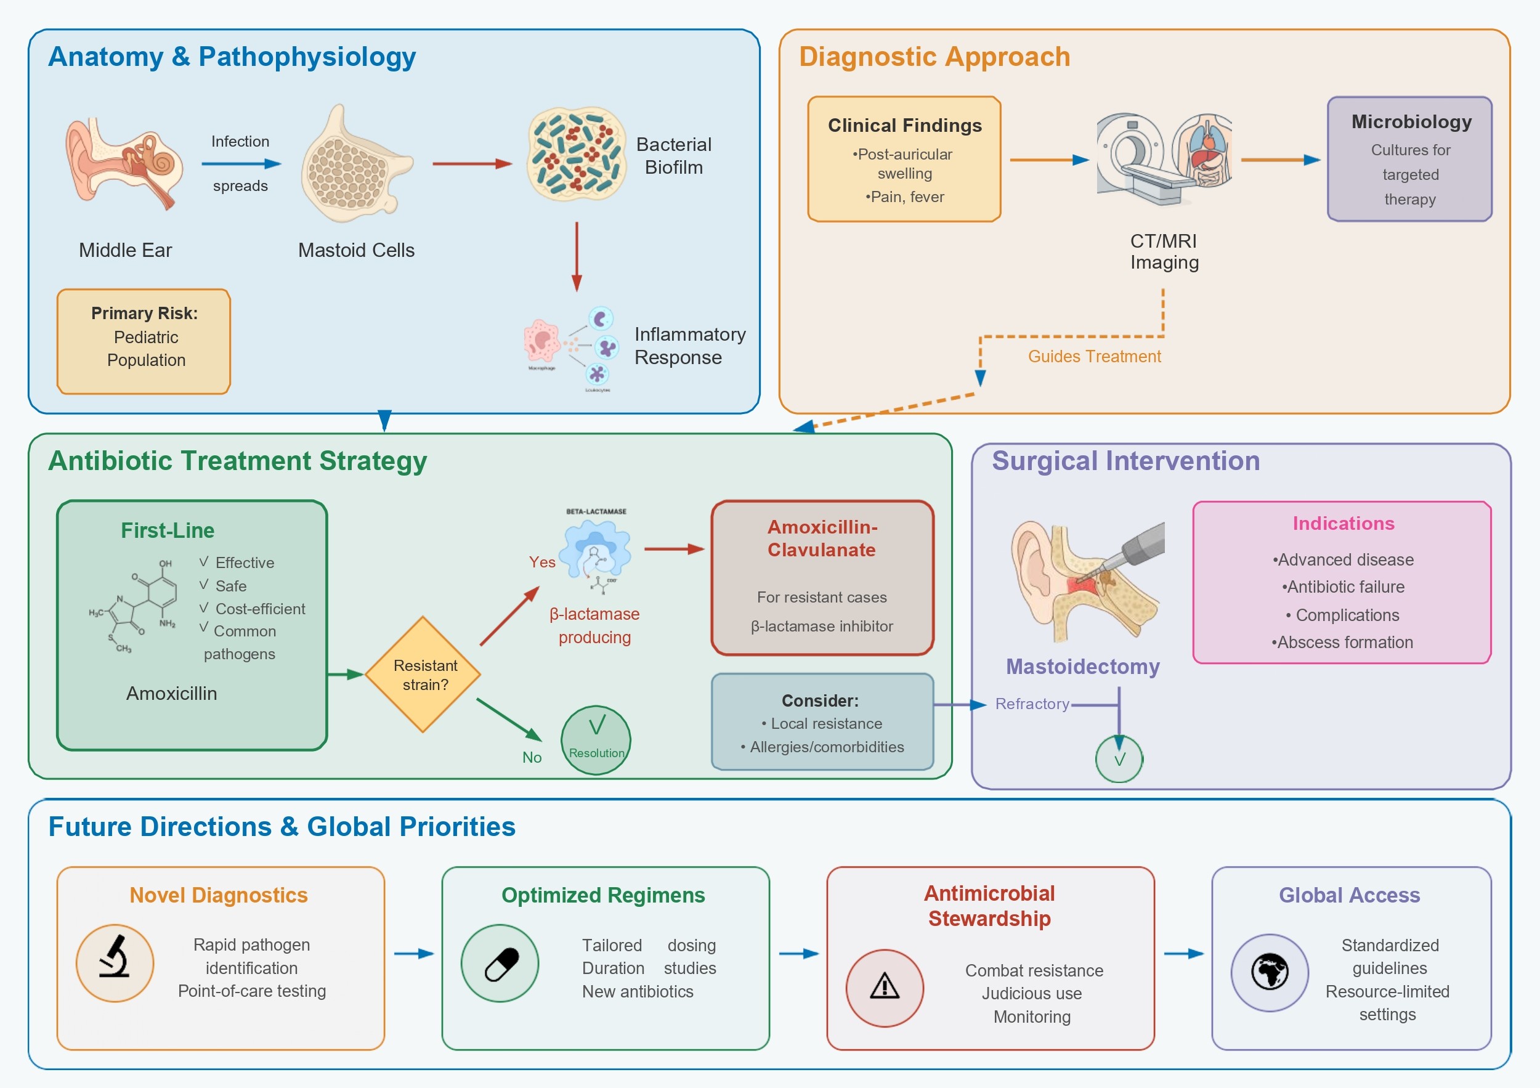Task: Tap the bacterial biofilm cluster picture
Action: pyautogui.click(x=575, y=154)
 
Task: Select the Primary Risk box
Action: pyautogui.click(x=144, y=341)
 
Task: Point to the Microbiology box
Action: pyautogui.click(x=1410, y=159)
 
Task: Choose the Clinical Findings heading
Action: pyautogui.click(x=904, y=126)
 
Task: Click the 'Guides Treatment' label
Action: pyautogui.click(x=1094, y=356)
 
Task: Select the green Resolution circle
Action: pyautogui.click(x=596, y=740)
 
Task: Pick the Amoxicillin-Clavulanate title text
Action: pyautogui.click(x=822, y=538)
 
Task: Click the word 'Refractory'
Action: pyautogui.click(x=1032, y=704)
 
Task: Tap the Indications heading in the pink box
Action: pyautogui.click(x=1343, y=523)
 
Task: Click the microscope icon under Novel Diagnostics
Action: pyautogui.click(x=115, y=962)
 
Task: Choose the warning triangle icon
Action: pyautogui.click(x=884, y=988)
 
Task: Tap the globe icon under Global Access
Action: pyautogui.click(x=1269, y=972)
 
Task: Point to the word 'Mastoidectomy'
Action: pyautogui.click(x=1082, y=667)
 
